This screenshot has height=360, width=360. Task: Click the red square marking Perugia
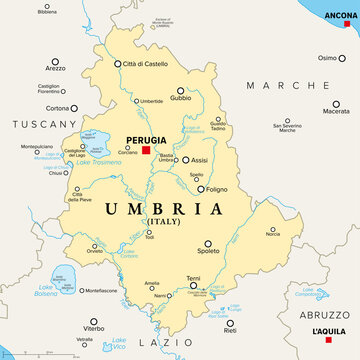[146, 150]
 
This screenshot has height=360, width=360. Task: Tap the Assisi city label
[199, 160]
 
